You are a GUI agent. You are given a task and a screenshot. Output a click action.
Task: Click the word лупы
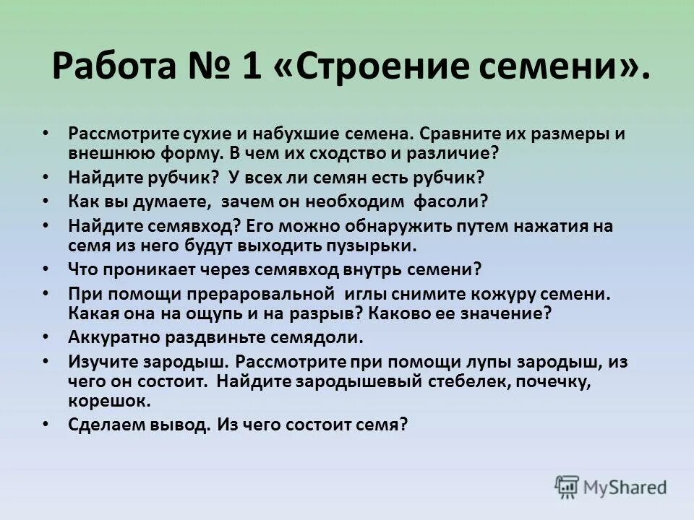[437, 362]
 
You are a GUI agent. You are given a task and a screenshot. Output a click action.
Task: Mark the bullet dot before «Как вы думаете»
[46, 202]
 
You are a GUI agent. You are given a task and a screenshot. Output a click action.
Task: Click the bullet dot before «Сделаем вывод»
[46, 425]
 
